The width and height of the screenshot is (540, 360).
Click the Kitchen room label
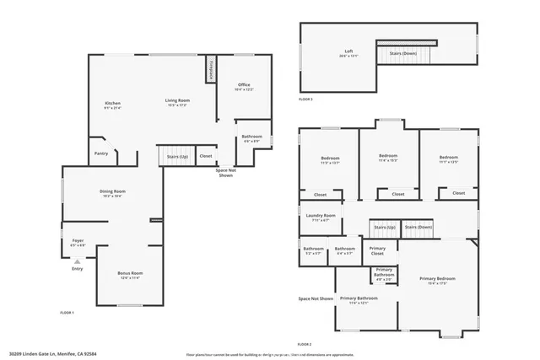(112, 104)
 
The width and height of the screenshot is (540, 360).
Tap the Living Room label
(176, 100)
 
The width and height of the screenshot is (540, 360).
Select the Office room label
(244, 85)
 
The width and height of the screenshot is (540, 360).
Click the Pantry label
(101, 153)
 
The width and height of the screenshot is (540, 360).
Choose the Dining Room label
(113, 192)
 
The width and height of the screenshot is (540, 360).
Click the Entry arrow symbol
(78, 262)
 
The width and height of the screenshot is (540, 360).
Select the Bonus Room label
(130, 274)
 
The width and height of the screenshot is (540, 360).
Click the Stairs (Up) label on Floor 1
(176, 156)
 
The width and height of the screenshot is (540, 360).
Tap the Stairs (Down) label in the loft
(402, 53)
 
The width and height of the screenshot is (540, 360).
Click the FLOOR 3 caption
(305, 99)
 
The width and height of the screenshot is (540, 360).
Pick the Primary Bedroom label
(436, 278)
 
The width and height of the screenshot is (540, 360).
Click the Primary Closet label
(377, 250)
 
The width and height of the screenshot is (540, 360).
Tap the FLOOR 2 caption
(305, 344)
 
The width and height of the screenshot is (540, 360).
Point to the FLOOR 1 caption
(67, 313)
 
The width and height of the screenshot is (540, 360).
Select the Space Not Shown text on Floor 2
(316, 298)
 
